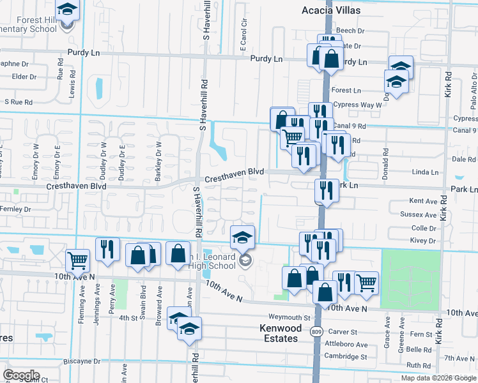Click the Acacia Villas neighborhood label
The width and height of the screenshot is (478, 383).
click(331, 10)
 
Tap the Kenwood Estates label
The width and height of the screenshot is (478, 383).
click(279, 333)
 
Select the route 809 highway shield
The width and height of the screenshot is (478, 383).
click(318, 332)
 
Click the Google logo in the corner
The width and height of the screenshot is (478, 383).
click(21, 375)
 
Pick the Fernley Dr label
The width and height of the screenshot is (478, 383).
click(16, 209)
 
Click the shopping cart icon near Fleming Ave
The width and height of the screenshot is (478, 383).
click(77, 259)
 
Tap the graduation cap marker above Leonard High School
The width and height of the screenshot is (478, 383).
click(242, 237)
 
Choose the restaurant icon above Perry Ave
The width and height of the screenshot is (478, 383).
click(107, 248)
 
